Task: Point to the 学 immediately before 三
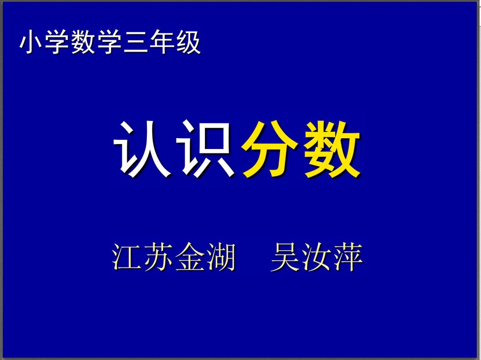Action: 110,42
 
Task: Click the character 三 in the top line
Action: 136,42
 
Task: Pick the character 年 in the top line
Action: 162,42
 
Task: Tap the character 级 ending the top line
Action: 188,42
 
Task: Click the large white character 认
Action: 142,149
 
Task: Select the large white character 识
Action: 205,149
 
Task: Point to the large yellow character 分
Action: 269,150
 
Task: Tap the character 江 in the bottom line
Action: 126,257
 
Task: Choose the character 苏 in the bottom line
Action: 158,257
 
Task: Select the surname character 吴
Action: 285,257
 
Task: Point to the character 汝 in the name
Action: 316,257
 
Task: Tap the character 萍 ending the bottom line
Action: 348,257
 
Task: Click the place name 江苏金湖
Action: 173,257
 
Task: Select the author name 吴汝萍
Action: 316,257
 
